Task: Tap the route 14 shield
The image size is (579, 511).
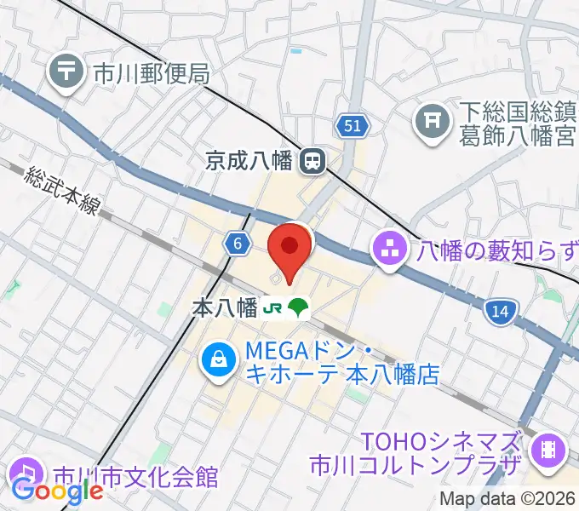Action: pyautogui.click(x=500, y=313)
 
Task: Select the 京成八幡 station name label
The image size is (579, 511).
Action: pyautogui.click(x=254, y=159)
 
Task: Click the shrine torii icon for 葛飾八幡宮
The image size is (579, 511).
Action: pyautogui.click(x=432, y=123)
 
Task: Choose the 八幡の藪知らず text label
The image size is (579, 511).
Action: pyautogui.click(x=496, y=251)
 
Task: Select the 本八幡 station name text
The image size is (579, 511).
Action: pyautogui.click(x=226, y=308)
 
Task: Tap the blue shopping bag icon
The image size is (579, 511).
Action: pyautogui.click(x=219, y=361)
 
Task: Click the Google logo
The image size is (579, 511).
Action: pyautogui.click(x=57, y=491)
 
